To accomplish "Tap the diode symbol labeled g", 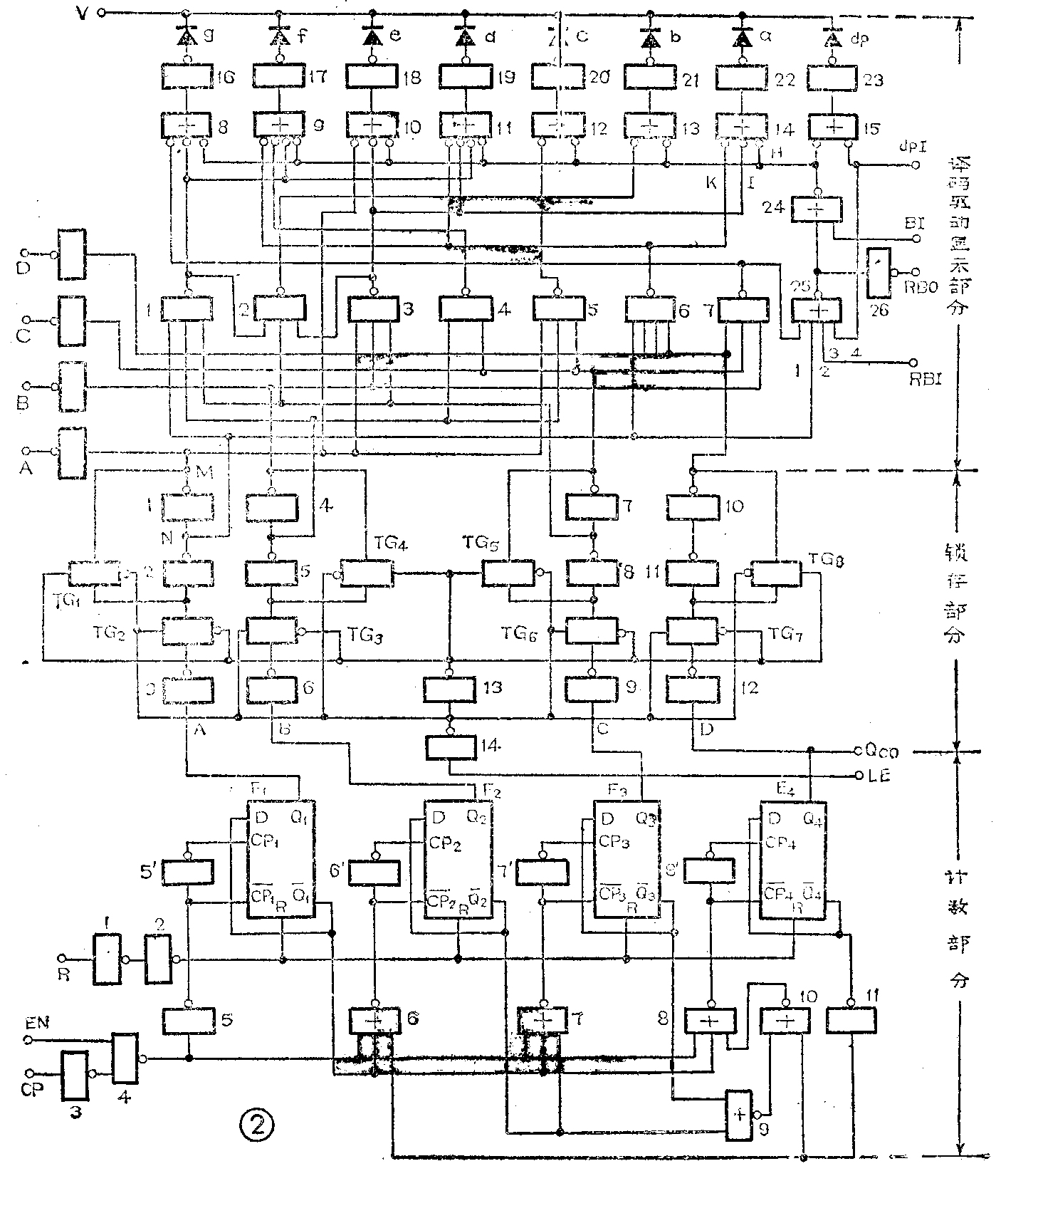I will coord(186,35).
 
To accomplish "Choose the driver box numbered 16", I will coord(188,76).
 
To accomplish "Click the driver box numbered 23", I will coord(831,77).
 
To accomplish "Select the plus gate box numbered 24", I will coord(816,209).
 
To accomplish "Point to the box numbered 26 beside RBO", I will coord(879,273).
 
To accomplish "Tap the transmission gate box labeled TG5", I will coord(508,573).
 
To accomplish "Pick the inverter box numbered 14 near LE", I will coord(450,746).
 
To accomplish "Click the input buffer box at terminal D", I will coord(72,254).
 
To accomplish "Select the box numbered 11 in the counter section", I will coord(851,1021).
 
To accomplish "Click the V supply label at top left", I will coord(83,14).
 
